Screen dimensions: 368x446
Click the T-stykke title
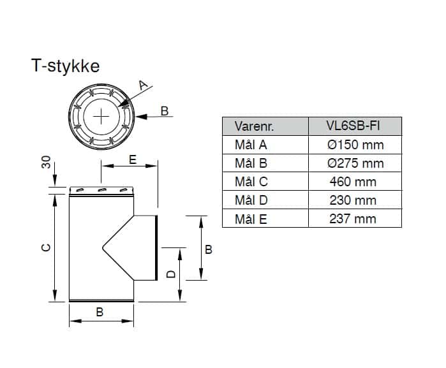coord(66,66)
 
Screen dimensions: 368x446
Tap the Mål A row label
coord(251,145)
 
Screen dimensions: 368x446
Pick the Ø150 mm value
coord(355,145)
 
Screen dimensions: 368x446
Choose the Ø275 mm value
coord(355,163)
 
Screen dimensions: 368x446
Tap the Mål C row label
coord(251,182)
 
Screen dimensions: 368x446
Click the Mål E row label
coord(251,219)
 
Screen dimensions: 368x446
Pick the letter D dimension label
coord(170,275)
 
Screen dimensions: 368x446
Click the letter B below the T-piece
coord(100,312)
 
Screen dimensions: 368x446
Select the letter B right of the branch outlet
coord(209,249)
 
